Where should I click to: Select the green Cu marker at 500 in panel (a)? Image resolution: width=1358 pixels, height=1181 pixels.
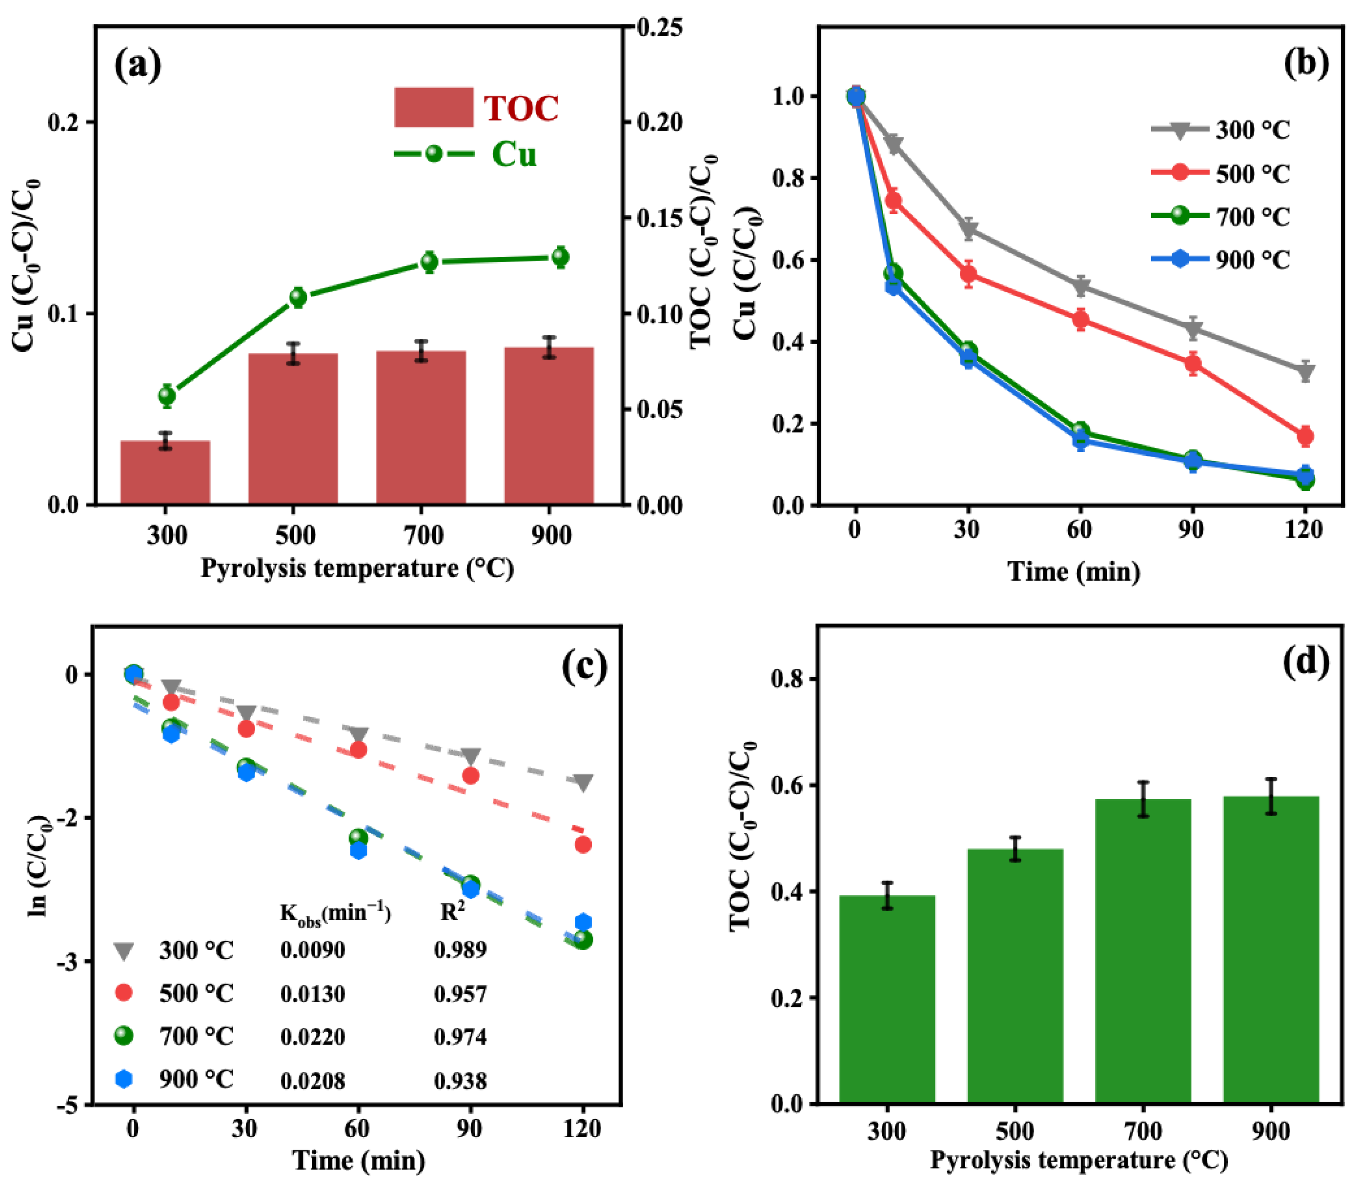pos(298,297)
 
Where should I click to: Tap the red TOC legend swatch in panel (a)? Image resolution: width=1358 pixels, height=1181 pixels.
pos(434,107)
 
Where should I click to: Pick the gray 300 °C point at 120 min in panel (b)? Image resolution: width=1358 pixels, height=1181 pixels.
pos(1305,372)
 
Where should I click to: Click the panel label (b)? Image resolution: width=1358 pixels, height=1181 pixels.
pos(1307,65)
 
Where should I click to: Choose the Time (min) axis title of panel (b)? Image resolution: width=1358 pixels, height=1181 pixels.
pos(1074,571)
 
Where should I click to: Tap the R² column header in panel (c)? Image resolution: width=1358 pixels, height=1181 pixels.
pos(452,912)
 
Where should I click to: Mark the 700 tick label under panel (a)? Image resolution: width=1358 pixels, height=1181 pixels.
pos(423,535)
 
